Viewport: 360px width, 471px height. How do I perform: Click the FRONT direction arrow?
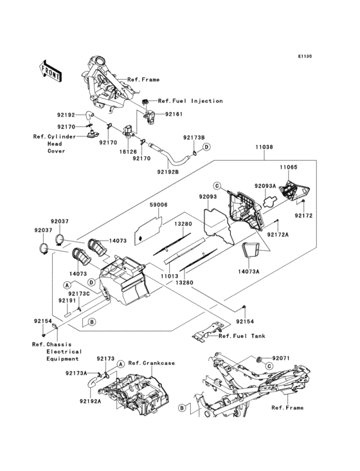[50, 71]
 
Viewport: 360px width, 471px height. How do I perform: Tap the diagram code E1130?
[305, 56]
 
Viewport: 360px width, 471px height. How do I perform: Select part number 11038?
[264, 147]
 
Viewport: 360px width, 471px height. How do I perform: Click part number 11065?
[288, 167]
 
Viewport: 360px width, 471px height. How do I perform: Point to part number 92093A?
[265, 186]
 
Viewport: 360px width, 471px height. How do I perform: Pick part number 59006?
[158, 205]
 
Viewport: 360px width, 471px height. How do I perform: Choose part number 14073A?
[248, 272]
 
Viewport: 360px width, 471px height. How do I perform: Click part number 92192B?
[168, 172]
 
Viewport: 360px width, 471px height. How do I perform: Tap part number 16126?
[128, 152]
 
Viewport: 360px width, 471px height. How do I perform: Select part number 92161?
[174, 114]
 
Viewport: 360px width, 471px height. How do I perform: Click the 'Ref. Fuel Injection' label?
[190, 101]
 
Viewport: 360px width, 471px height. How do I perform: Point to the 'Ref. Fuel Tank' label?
[242, 336]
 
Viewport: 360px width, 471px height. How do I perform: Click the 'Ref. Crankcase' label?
[152, 363]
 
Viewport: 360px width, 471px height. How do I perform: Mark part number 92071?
[281, 358]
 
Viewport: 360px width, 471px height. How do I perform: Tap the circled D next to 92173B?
[206, 147]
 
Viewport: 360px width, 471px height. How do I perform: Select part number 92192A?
[90, 401]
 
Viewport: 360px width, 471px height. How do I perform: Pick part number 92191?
[67, 300]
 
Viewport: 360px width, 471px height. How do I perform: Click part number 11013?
[169, 276]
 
